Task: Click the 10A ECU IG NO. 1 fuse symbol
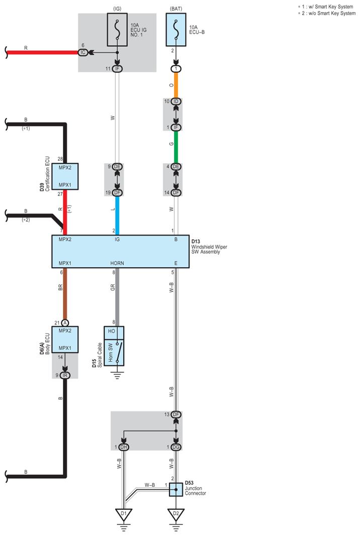(117, 30)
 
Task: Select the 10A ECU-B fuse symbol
(176, 30)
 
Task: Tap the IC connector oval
(83, 52)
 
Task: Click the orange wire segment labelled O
(176, 85)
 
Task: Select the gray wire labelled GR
(117, 296)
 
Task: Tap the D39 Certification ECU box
(65, 176)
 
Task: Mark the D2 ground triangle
(176, 514)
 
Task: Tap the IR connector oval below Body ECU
(65, 375)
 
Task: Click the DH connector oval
(124, 447)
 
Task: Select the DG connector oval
(176, 447)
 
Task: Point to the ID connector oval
(176, 101)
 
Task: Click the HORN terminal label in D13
(117, 263)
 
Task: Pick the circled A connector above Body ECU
(65, 323)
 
